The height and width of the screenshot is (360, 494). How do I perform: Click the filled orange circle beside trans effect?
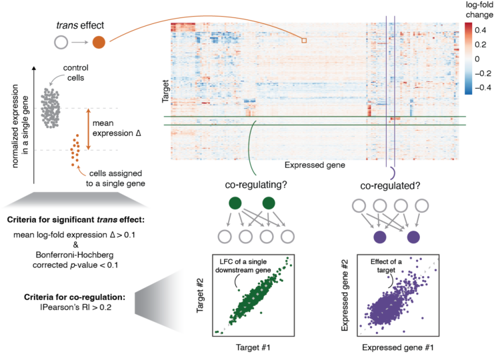(99, 43)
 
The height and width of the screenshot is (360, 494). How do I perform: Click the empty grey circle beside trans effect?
(60, 43)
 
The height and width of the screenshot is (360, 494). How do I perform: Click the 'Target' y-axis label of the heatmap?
(165, 91)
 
